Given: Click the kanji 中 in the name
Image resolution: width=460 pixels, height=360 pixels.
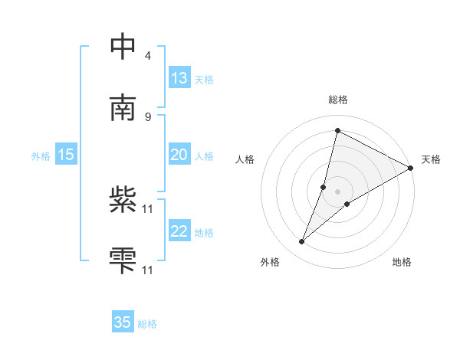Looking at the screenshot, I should (123, 47).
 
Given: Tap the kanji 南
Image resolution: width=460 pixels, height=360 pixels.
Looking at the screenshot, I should (123, 106).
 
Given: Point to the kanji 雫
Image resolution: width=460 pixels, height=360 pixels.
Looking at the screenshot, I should (123, 260).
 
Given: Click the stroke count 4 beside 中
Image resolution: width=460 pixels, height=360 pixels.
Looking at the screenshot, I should (147, 56).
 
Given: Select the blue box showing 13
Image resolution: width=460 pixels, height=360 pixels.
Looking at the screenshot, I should (179, 78).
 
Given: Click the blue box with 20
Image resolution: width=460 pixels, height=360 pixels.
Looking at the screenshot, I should (179, 155).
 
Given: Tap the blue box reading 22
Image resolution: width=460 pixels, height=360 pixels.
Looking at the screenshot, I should (179, 231).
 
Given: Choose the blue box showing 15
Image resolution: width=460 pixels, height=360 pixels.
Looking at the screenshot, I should (66, 155).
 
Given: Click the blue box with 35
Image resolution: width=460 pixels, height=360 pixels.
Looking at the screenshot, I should (123, 322).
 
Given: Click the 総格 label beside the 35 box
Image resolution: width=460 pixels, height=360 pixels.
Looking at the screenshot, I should (147, 324).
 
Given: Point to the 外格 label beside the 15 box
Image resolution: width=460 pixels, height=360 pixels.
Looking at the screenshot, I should (41, 156).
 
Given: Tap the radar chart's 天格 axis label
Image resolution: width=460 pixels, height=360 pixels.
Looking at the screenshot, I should (431, 159).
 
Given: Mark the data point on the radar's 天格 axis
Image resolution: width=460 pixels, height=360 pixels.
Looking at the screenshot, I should (411, 169).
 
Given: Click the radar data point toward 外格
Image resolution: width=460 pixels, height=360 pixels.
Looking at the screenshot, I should (302, 242).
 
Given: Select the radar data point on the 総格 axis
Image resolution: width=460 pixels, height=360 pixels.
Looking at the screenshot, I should (337, 130).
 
